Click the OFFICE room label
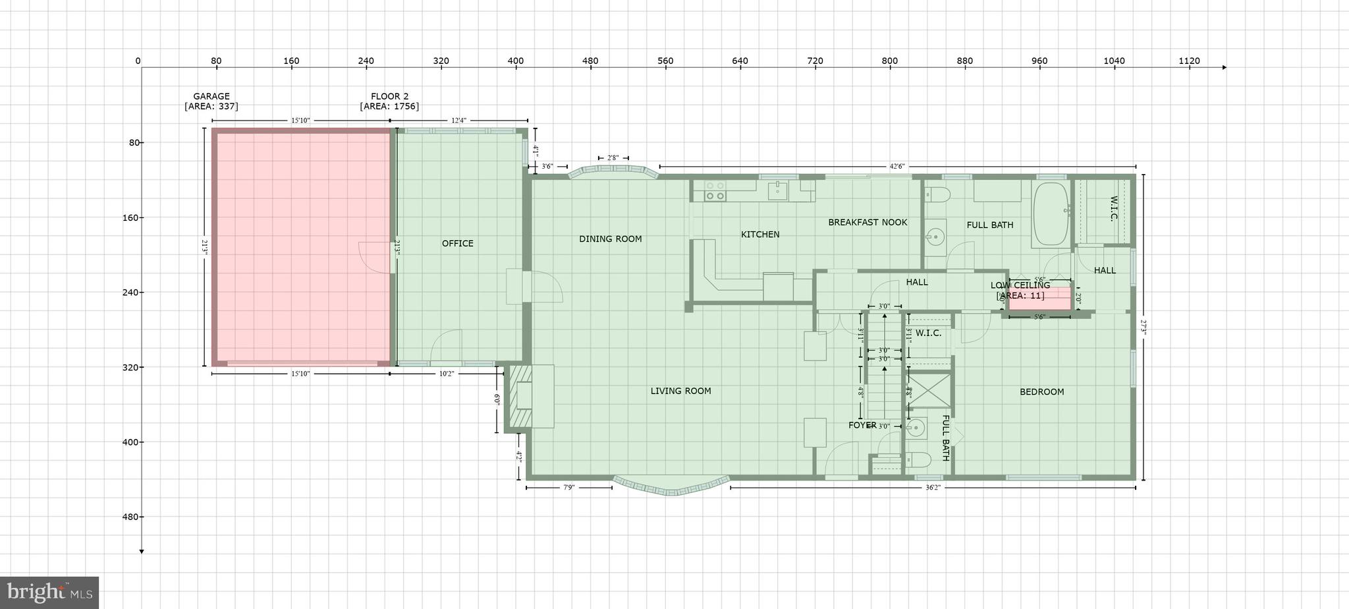(457, 243)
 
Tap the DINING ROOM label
(610, 239)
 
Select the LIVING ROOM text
(680, 391)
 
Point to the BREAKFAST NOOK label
(867, 222)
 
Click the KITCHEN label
(759, 234)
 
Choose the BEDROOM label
(1041, 391)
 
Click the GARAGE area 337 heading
(211, 101)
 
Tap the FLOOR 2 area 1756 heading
(389, 101)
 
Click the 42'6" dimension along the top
(896, 167)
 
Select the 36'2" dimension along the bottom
(932, 488)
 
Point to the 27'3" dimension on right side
(1143, 328)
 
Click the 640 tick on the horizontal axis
(740, 61)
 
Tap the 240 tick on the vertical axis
(129, 293)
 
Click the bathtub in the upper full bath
(1051, 214)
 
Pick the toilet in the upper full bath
(937, 194)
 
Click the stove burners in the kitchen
(715, 191)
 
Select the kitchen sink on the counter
(778, 190)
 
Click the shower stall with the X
(929, 391)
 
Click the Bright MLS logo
(49, 593)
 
